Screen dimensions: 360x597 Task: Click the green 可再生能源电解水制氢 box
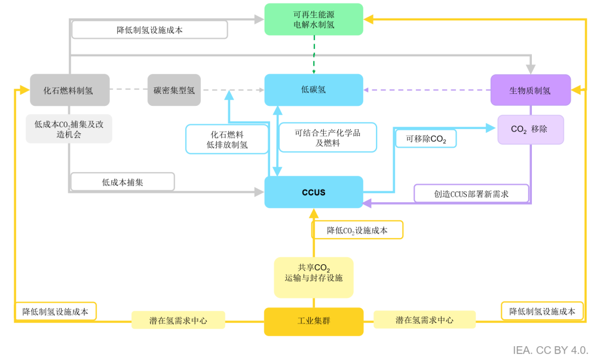tap(314, 19)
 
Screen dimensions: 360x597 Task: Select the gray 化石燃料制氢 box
tap(69, 90)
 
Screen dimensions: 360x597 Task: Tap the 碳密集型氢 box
tap(174, 90)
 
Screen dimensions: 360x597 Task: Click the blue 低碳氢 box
tap(314, 90)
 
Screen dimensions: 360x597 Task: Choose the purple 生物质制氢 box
tap(530, 90)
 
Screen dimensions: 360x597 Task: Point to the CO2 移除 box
tap(530, 129)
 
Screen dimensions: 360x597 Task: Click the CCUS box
tap(314, 192)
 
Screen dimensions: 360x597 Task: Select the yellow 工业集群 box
tap(314, 321)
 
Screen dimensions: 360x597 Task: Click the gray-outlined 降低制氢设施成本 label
tap(149, 29)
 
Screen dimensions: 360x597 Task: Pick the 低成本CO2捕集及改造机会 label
tap(69, 129)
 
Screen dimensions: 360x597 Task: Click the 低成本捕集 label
tap(123, 182)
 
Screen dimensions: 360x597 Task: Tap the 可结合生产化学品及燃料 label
tap(327, 138)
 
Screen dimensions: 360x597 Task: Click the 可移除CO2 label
tap(425, 139)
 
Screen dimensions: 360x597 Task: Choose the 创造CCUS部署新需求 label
tap(472, 194)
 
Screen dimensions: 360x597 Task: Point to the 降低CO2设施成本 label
tap(357, 230)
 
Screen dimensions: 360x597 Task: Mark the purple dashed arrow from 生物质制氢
tap(427, 90)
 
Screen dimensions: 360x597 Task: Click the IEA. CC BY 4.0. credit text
tap(550, 350)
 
